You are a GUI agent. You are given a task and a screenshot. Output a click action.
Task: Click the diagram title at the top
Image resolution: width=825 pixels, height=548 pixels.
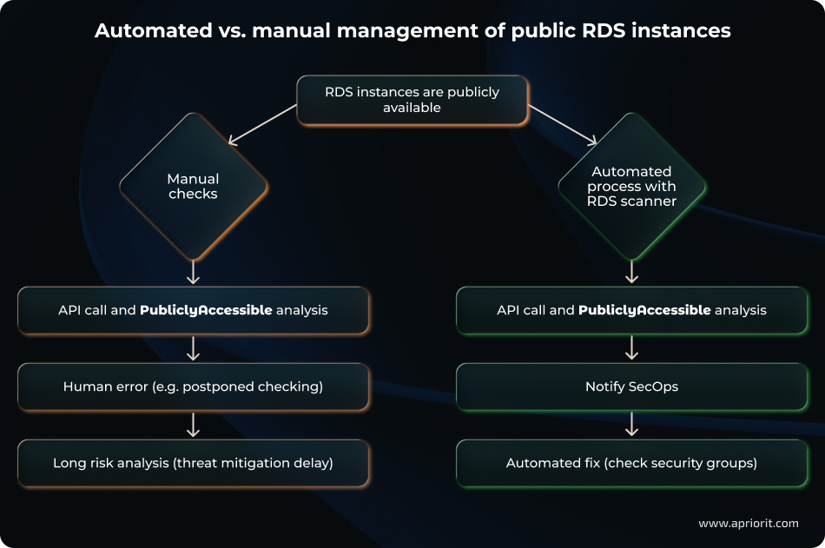pyautogui.click(x=412, y=30)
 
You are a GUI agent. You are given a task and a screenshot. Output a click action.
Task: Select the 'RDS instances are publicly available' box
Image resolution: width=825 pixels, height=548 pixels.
pyautogui.click(x=412, y=100)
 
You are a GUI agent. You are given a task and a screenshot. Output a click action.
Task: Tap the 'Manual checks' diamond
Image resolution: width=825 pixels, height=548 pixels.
pyautogui.click(x=193, y=187)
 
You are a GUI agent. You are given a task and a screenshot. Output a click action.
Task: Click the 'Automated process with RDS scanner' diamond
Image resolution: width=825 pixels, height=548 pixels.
pyautogui.click(x=631, y=187)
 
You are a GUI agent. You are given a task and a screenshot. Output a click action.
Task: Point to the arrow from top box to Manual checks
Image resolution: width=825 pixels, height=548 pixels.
pyautogui.click(x=262, y=123)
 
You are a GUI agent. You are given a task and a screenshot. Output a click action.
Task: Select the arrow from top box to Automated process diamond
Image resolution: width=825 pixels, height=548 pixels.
pyautogui.click(x=563, y=123)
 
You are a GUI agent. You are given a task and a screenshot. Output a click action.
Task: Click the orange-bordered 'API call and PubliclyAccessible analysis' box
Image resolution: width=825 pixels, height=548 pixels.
pyautogui.click(x=193, y=310)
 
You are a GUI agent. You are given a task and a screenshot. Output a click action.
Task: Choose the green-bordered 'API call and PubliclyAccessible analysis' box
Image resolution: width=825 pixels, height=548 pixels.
pyautogui.click(x=631, y=310)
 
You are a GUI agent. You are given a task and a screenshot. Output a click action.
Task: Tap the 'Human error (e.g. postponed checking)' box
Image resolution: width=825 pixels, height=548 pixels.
pyautogui.click(x=193, y=386)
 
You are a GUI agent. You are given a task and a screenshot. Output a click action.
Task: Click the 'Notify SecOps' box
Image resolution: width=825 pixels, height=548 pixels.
pyautogui.click(x=631, y=386)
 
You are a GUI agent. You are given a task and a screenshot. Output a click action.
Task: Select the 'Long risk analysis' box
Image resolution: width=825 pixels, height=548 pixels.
pyautogui.click(x=193, y=463)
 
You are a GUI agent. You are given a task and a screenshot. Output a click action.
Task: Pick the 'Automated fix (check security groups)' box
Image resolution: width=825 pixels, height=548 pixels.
pyautogui.click(x=631, y=463)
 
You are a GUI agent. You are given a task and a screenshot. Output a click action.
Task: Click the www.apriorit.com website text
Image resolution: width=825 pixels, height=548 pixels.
pyautogui.click(x=748, y=523)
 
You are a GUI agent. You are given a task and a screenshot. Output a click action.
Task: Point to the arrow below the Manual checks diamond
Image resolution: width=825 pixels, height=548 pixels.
pyautogui.click(x=193, y=273)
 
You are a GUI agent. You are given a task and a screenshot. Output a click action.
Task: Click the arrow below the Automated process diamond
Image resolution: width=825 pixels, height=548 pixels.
pyautogui.click(x=631, y=273)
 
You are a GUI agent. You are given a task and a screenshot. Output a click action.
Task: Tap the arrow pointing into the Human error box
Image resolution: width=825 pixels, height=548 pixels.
pyautogui.click(x=193, y=348)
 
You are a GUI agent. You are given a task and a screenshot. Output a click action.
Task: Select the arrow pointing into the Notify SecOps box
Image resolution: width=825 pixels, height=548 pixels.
pyautogui.click(x=631, y=348)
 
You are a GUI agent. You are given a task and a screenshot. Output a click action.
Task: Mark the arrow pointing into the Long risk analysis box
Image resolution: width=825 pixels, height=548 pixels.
pyautogui.click(x=193, y=425)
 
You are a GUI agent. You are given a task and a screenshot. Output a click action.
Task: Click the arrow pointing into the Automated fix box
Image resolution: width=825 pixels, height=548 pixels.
pyautogui.click(x=631, y=425)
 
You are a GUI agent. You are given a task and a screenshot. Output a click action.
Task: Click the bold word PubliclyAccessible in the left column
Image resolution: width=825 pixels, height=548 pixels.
pyautogui.click(x=206, y=310)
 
